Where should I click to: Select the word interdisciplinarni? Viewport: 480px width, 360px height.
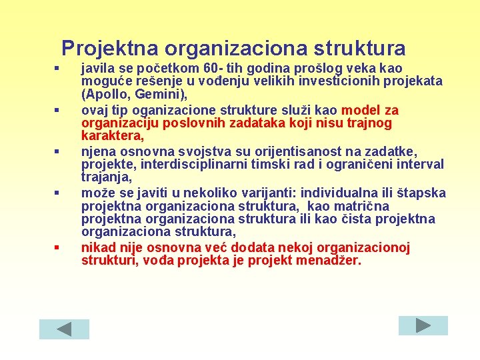186,164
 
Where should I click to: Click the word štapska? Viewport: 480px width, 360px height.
422,193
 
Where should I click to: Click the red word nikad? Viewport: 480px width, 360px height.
97,247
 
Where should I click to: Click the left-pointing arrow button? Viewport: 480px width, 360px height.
64,329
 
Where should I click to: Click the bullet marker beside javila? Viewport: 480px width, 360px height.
58,69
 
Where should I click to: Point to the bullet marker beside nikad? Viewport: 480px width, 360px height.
58,248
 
